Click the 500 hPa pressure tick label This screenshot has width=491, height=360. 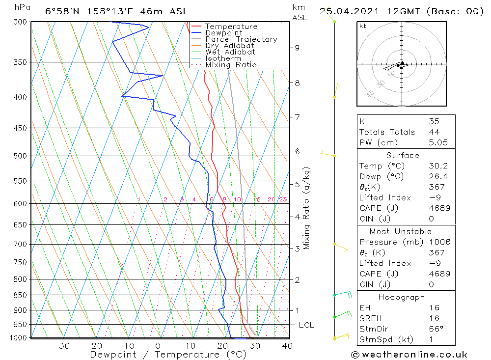click(x=20, y=156)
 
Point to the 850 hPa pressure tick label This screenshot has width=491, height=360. click(x=20, y=295)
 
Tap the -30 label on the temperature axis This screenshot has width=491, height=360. click(x=61, y=346)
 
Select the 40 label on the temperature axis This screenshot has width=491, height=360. click(x=287, y=346)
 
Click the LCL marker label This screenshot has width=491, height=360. click(x=306, y=325)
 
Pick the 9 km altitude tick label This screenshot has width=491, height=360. click(x=297, y=48)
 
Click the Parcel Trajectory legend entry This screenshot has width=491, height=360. click(x=241, y=39)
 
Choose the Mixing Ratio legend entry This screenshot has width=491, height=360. click(x=231, y=65)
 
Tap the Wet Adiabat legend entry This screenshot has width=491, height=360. click(x=230, y=52)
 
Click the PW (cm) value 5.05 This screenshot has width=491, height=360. click(x=438, y=142)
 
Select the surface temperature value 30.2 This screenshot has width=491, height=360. click(x=438, y=166)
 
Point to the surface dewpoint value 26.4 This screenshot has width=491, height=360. click(x=438, y=176)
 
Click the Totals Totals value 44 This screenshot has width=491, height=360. click(x=434, y=132)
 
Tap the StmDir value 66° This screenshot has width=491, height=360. click(x=436, y=329)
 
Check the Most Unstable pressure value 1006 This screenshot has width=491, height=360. click(x=439, y=242)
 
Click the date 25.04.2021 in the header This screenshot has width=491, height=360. click(x=349, y=11)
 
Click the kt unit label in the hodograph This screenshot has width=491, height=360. click(x=363, y=26)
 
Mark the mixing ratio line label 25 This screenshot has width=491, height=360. click(x=283, y=199)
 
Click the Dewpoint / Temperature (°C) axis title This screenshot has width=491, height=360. click(x=168, y=355)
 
